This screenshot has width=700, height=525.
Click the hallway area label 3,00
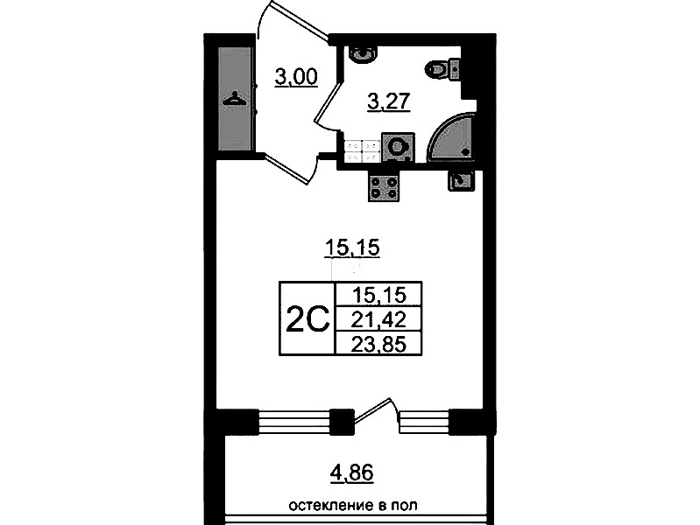click(x=296, y=77)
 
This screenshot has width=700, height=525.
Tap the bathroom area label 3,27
click(x=388, y=101)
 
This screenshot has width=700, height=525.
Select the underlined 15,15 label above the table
click(x=352, y=248)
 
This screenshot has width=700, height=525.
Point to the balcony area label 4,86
click(x=352, y=472)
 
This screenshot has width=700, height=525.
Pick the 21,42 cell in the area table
click(x=378, y=319)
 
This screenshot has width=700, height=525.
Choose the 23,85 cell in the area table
click(x=378, y=344)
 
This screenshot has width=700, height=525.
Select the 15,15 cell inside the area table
click(x=378, y=295)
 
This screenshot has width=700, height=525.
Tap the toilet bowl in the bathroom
click(x=435, y=69)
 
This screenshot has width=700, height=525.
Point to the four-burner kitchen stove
click(x=384, y=187)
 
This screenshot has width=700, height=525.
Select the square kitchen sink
click(x=460, y=181)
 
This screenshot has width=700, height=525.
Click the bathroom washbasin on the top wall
click(x=363, y=53)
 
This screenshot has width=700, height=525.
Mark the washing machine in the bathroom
click(x=399, y=147)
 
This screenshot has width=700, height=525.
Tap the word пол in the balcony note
click(x=405, y=506)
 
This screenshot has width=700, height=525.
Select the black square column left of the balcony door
click(x=342, y=422)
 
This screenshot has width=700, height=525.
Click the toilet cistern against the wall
click(x=454, y=69)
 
